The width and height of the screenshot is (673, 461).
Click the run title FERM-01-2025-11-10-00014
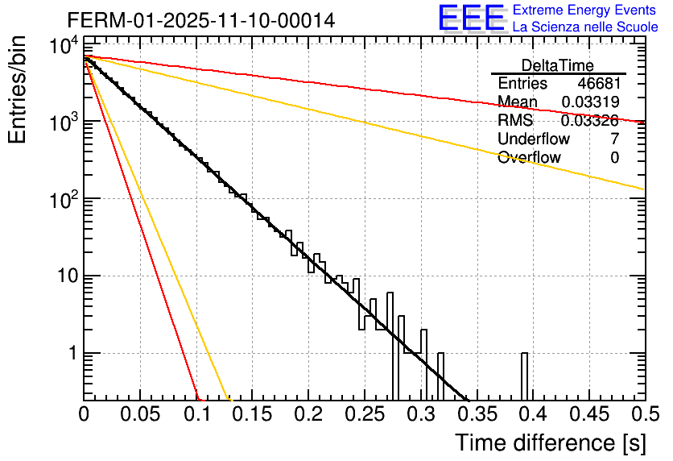(x=201, y=19)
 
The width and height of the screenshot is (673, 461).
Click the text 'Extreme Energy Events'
(x=585, y=10)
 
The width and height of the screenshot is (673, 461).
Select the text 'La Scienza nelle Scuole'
(x=585, y=27)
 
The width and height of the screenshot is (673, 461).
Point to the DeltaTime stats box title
(x=558, y=65)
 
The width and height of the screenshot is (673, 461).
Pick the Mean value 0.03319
(x=590, y=102)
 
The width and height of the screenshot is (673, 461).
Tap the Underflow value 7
(x=614, y=139)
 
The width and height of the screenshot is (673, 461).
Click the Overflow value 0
(x=614, y=158)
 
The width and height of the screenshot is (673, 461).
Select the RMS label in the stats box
(x=515, y=121)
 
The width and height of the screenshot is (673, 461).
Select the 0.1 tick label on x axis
(x=196, y=414)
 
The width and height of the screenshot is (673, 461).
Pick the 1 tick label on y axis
(x=69, y=354)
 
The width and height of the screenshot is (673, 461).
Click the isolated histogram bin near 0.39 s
(x=524, y=376)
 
